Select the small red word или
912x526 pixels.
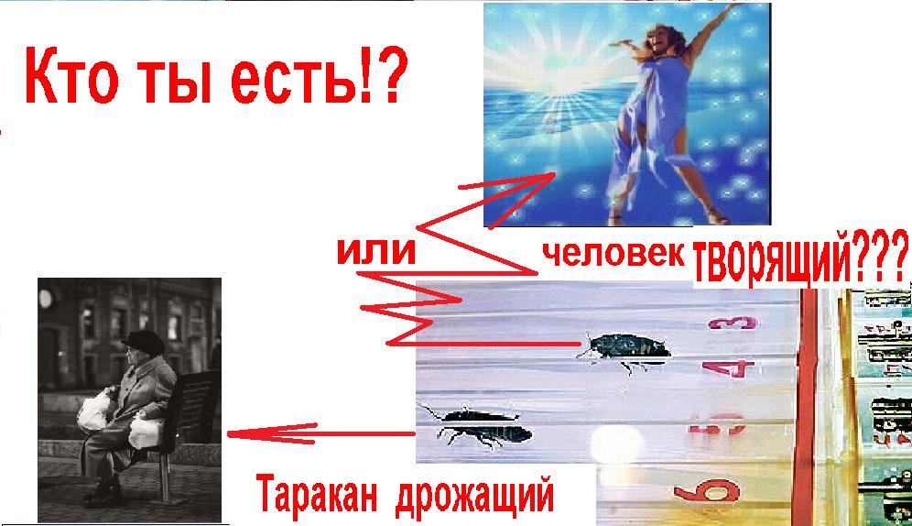pyautogui.click(x=376, y=251)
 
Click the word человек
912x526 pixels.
pyautogui.click(x=613, y=253)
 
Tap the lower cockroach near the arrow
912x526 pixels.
pyautogui.click(x=477, y=428)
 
